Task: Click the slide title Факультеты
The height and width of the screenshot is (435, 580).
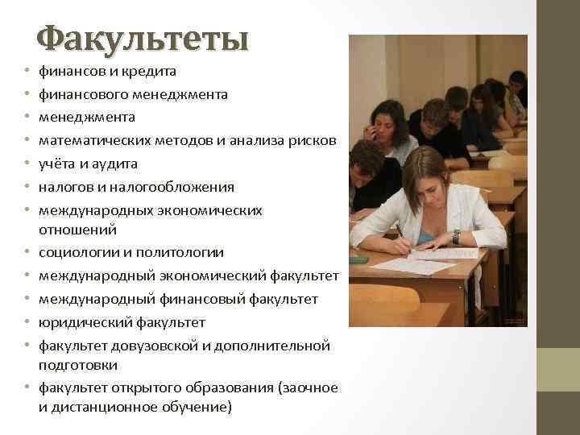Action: [x=143, y=38]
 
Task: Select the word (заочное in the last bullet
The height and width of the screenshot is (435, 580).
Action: [x=307, y=387]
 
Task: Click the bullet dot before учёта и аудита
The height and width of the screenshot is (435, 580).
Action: [x=27, y=164]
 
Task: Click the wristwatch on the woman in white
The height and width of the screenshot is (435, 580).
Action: [x=456, y=237]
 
